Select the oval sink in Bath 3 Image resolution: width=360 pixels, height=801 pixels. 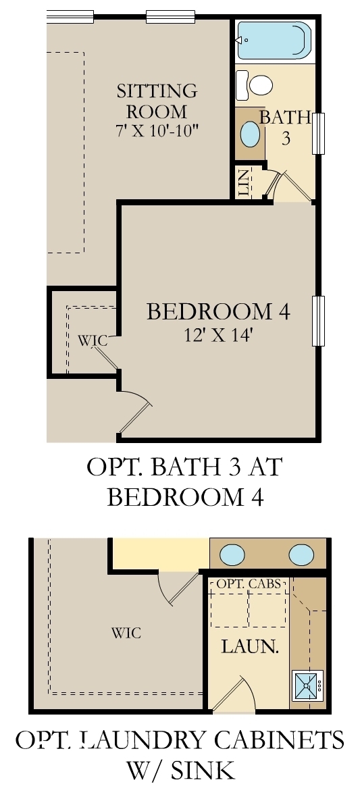coord(251,134)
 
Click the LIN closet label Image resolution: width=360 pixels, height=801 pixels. coord(245,182)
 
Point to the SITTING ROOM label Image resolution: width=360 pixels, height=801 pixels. coord(157,101)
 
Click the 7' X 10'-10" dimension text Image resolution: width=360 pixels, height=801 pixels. coord(157,130)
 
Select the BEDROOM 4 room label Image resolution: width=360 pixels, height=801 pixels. coord(218,312)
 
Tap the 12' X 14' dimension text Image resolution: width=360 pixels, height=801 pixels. coord(218,334)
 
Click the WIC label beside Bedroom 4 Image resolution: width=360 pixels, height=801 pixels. coord(92,340)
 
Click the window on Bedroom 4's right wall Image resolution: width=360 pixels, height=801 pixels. coord(318,320)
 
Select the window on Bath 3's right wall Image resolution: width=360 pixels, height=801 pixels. coord(319,133)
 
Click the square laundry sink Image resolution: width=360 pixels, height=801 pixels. coord(307,685)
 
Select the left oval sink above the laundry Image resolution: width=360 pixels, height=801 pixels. coord(232,554)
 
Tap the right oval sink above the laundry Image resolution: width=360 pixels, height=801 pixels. coord(301,554)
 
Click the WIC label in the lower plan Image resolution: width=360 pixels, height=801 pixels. coord(126,633)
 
